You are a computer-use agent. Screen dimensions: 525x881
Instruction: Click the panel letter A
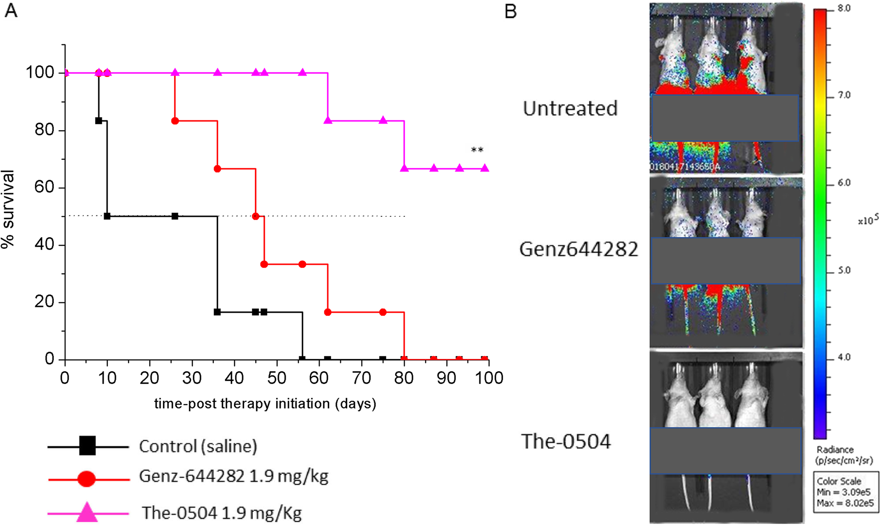pyautogui.click(x=11, y=10)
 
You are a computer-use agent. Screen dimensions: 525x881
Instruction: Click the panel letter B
pyautogui.click(x=510, y=11)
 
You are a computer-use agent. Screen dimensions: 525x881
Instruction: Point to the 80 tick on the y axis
pyautogui.click(x=44, y=130)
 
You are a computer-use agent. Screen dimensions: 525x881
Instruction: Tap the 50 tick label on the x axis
pyautogui.click(x=277, y=378)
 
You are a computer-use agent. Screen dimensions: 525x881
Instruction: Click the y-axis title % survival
pyautogui.click(x=8, y=209)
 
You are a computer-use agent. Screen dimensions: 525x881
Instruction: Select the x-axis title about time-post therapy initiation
pyautogui.click(x=265, y=404)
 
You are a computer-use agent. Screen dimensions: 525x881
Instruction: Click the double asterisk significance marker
pyautogui.click(x=477, y=150)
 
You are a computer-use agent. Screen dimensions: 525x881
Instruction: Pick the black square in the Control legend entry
pyautogui.click(x=87, y=446)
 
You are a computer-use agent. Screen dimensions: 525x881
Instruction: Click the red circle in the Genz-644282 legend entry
pyautogui.click(x=86, y=478)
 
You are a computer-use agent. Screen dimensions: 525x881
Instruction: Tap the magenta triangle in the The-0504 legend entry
pyautogui.click(x=87, y=513)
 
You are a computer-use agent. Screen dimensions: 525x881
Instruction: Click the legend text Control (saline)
pyautogui.click(x=198, y=446)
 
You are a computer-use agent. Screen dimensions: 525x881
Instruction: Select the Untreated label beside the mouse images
pyautogui.click(x=570, y=109)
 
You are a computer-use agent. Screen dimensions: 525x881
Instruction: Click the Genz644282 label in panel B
pyautogui.click(x=578, y=249)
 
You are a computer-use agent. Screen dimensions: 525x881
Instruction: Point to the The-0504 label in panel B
pyautogui.click(x=565, y=441)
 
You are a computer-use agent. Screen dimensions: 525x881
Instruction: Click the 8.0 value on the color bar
pyautogui.click(x=843, y=9)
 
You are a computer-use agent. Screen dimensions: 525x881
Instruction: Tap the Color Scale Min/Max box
pyautogui.click(x=845, y=492)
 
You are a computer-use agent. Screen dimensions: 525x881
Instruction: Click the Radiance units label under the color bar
pyautogui.click(x=843, y=455)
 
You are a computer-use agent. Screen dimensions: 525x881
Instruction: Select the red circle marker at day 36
pyautogui.click(x=217, y=169)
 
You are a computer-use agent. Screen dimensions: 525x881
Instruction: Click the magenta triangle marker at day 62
pyautogui.click(x=328, y=120)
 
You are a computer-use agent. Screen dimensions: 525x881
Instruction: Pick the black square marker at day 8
pyautogui.click(x=99, y=121)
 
